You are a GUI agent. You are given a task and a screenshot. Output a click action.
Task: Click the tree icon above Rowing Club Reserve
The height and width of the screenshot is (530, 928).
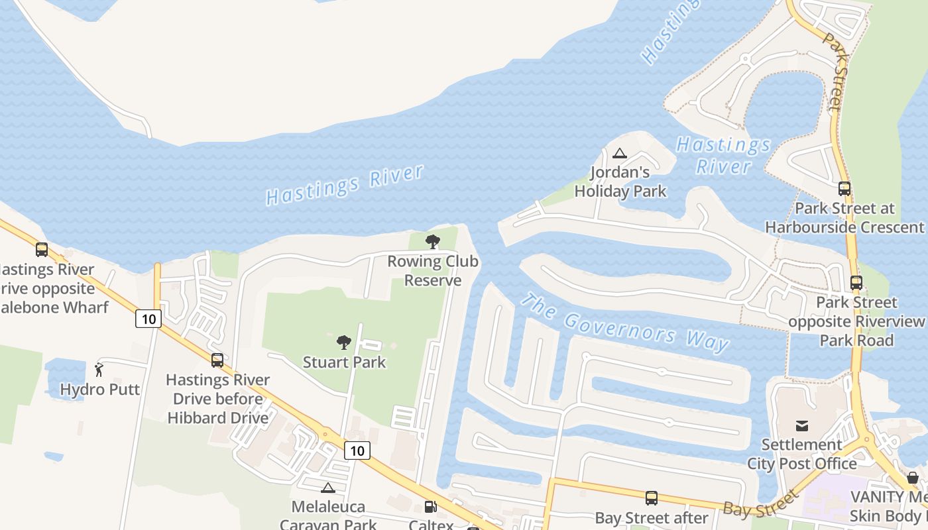pyautogui.click(x=433, y=242)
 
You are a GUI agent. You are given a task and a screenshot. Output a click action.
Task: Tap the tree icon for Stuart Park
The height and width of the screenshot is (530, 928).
pyautogui.click(x=344, y=343)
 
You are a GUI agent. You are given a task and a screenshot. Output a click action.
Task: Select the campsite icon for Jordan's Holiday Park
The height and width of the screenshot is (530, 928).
pyautogui.click(x=620, y=154)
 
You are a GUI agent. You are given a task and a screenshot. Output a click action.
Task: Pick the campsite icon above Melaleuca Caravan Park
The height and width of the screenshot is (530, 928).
pyautogui.click(x=327, y=488)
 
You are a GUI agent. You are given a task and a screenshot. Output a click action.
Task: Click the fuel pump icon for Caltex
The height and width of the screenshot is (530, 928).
pyautogui.click(x=430, y=507)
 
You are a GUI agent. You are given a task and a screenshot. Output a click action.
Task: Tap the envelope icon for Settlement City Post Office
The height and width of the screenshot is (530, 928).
pyautogui.click(x=802, y=425)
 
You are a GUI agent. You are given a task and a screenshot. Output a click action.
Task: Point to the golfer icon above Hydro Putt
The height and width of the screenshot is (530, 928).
pyautogui.click(x=99, y=370)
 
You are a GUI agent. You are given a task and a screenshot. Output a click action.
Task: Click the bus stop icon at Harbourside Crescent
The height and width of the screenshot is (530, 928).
pyautogui.click(x=844, y=189)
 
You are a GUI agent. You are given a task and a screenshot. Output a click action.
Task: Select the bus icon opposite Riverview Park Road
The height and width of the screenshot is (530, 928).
pyautogui.click(x=856, y=283)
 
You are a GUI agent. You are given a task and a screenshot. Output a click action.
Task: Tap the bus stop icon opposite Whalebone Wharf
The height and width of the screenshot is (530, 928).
pyautogui.click(x=42, y=250)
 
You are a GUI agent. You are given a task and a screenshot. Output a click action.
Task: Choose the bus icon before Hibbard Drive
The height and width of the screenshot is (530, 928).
pyautogui.click(x=217, y=360)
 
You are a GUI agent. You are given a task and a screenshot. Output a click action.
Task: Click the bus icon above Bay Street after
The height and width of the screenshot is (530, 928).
pyautogui.click(x=652, y=498)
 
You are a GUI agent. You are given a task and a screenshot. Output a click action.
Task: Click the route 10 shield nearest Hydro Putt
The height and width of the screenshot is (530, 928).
pyautogui.click(x=148, y=319)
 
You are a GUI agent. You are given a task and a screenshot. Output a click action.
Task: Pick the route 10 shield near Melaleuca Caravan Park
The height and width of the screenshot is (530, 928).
pyautogui.click(x=357, y=450)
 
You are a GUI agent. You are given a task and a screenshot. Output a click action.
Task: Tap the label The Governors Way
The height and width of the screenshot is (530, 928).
pyautogui.click(x=624, y=323)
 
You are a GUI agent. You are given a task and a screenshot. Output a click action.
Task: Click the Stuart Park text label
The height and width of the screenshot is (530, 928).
pyautogui.click(x=344, y=362)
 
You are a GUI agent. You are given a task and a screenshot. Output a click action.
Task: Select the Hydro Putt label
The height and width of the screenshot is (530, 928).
pyautogui.click(x=100, y=389)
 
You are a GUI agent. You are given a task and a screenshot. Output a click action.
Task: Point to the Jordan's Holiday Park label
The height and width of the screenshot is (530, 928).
pyautogui.click(x=620, y=182)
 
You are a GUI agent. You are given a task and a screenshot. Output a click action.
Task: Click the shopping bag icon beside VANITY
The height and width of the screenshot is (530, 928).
pyautogui.click(x=913, y=478)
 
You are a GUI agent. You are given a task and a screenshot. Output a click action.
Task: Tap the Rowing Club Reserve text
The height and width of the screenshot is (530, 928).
pyautogui.click(x=433, y=271)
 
